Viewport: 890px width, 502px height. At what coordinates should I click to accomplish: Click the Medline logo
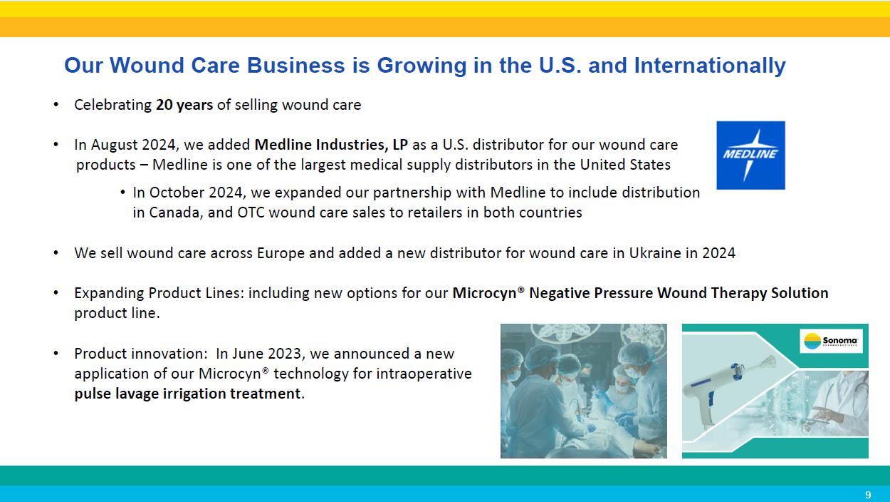(750, 155)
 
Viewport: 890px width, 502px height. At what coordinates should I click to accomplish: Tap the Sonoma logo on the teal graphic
(831, 341)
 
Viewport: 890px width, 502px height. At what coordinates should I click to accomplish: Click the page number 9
(868, 495)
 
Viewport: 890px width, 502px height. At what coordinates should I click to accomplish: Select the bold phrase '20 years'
(184, 105)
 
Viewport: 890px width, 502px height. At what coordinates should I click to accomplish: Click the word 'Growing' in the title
(422, 65)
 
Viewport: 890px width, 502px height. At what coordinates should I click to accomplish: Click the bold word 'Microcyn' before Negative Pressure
(485, 294)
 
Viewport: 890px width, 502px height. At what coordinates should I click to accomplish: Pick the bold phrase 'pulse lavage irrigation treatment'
(187, 394)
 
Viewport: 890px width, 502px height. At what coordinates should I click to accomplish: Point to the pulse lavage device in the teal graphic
(728, 390)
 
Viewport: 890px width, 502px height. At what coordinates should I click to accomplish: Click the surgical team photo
(584, 391)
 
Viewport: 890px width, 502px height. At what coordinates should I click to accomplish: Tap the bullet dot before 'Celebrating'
(56, 105)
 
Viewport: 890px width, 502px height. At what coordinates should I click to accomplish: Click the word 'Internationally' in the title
(710, 65)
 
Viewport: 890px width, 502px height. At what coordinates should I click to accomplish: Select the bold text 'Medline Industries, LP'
(331, 145)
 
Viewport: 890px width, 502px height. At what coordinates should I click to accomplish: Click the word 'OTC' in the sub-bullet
(251, 212)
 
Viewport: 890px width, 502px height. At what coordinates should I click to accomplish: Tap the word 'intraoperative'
(424, 374)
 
